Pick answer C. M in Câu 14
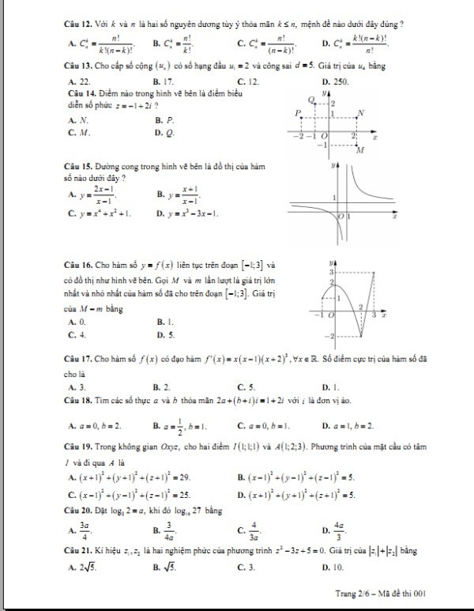click(77, 133)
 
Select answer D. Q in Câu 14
click(164, 133)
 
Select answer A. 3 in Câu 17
click(77, 387)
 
